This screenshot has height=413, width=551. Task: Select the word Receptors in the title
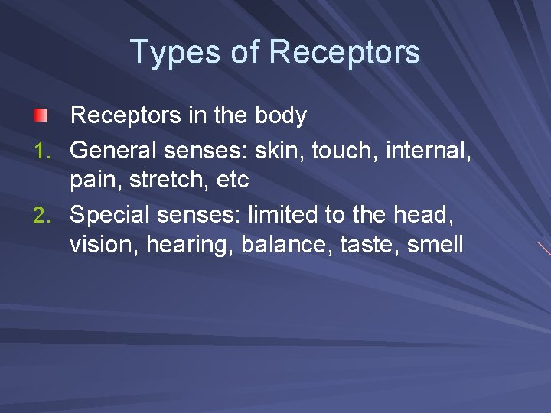(344, 52)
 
